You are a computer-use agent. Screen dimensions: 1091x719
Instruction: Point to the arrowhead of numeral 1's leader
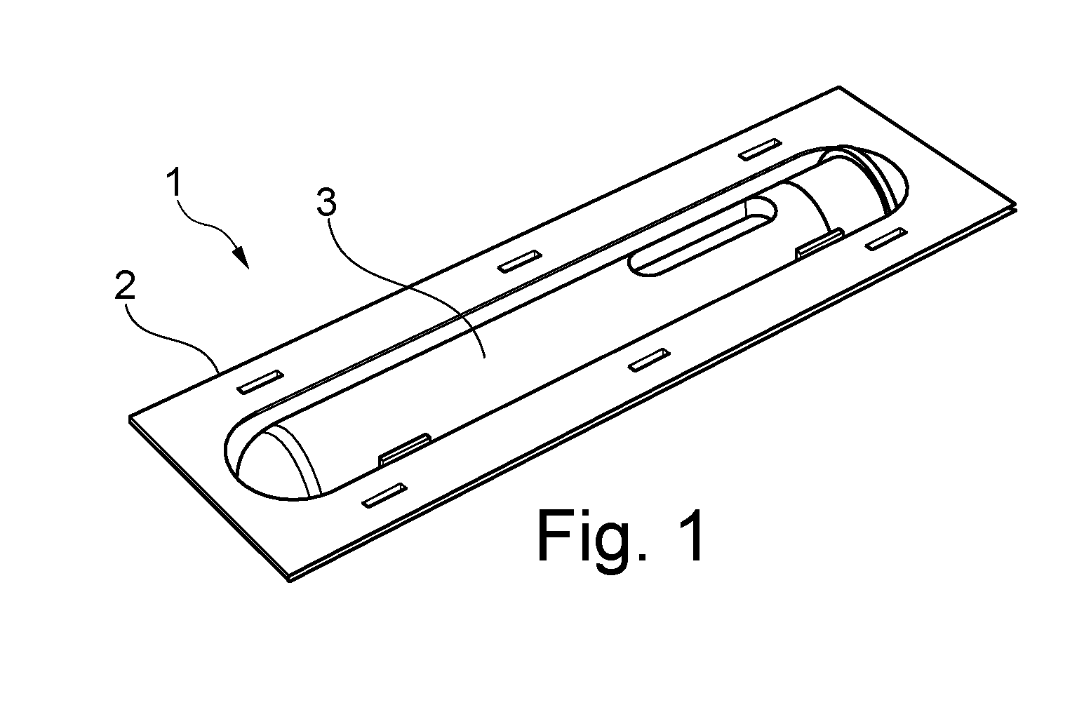tap(242, 257)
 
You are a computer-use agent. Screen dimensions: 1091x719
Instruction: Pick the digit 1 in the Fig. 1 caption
tap(689, 535)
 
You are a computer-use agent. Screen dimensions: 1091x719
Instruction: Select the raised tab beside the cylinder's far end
tap(820, 243)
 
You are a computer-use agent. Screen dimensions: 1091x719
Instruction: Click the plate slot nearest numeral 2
tap(260, 382)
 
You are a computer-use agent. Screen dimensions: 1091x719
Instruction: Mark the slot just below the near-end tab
tap(384, 495)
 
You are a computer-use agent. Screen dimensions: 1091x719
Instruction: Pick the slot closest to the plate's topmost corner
tap(760, 149)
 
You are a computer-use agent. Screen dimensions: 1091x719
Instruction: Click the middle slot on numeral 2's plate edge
tap(520, 262)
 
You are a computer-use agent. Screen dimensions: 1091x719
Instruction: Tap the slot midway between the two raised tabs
tap(649, 361)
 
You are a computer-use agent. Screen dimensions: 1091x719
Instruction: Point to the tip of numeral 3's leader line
tap(485, 358)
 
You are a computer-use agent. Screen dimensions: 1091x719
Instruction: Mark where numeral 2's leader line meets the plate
tap(219, 371)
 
